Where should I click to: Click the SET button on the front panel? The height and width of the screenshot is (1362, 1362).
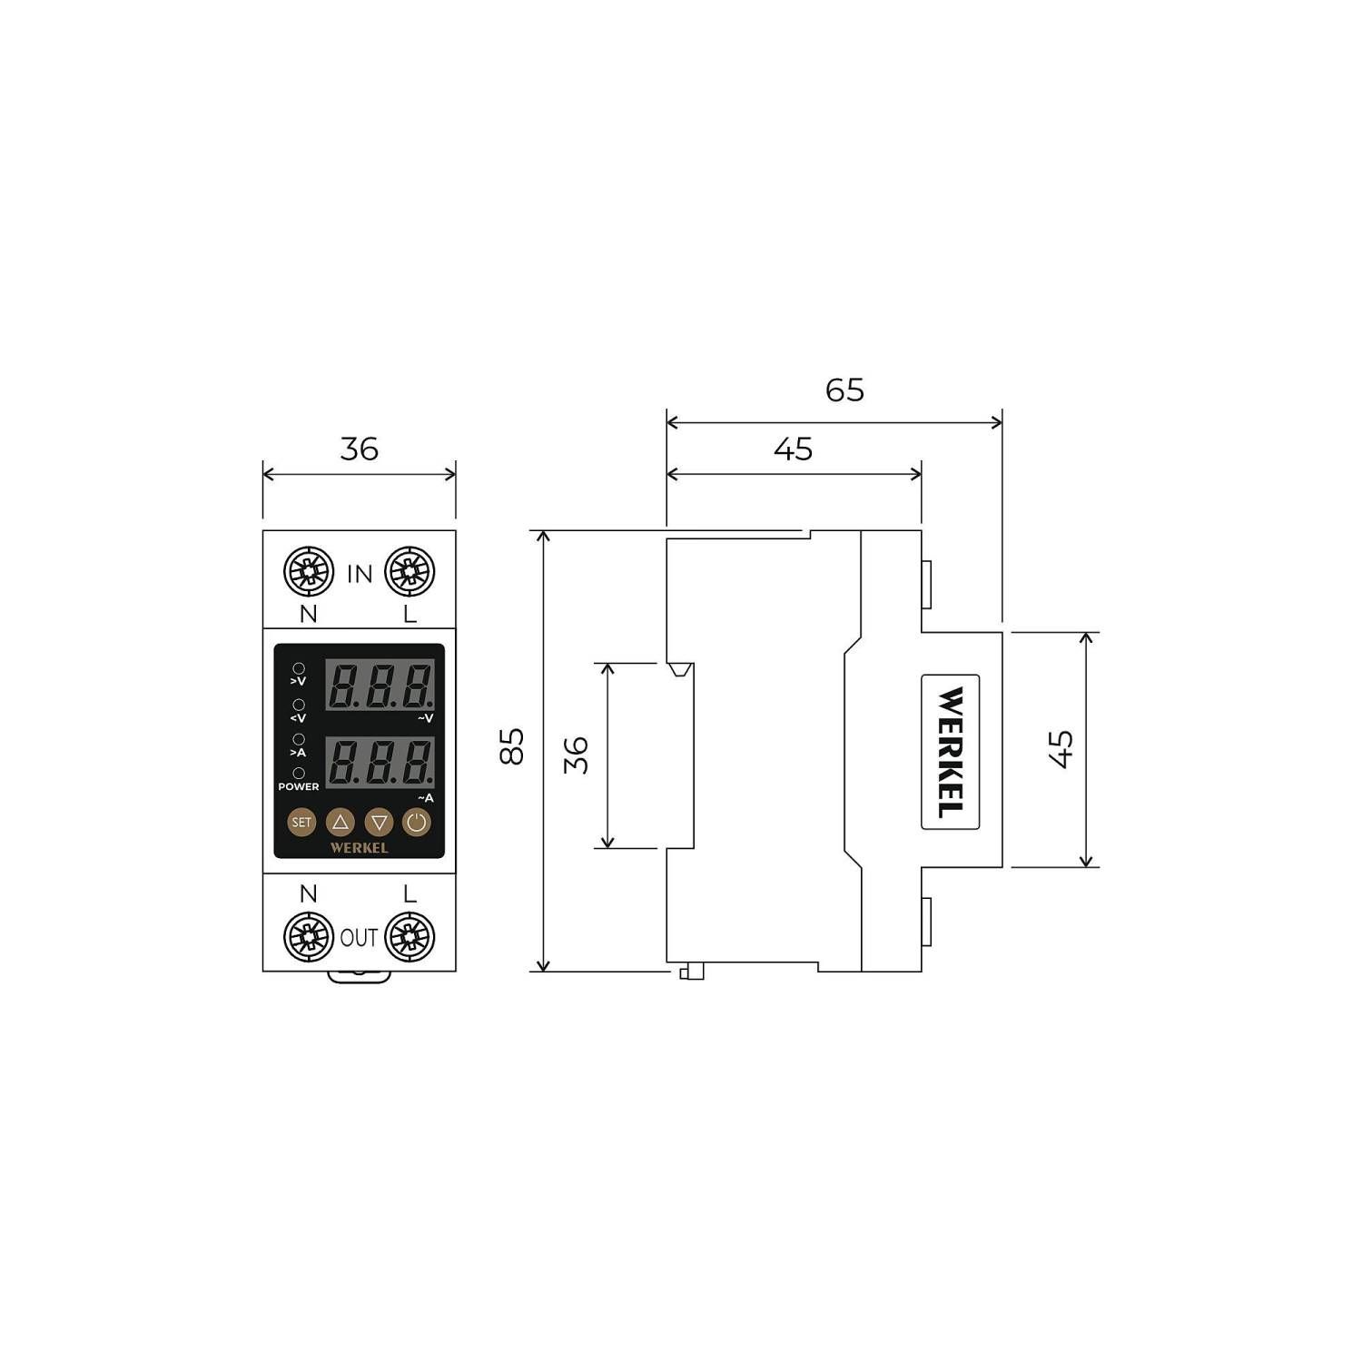pyautogui.click(x=301, y=823)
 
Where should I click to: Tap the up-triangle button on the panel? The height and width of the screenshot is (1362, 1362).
pyautogui.click(x=340, y=823)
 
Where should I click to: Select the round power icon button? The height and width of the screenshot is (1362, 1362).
pyautogui.click(x=416, y=823)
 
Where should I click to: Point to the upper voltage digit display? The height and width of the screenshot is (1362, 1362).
pyautogui.click(x=380, y=686)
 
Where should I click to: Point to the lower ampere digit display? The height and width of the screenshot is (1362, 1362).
pyautogui.click(x=380, y=764)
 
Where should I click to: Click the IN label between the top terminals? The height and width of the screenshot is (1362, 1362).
pyautogui.click(x=360, y=574)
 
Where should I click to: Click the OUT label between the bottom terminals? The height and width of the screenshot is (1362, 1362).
pyautogui.click(x=359, y=938)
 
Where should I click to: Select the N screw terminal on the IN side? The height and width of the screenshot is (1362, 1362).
pyautogui.click(x=309, y=573)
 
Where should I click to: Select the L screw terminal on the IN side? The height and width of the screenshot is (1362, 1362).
pyautogui.click(x=410, y=573)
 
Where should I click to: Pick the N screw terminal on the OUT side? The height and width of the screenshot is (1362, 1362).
pyautogui.click(x=309, y=937)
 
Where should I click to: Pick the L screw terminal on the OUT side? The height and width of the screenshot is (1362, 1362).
pyautogui.click(x=410, y=937)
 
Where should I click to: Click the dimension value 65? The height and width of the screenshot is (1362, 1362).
pyautogui.click(x=844, y=390)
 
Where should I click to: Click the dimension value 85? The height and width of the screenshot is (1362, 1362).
pyautogui.click(x=513, y=746)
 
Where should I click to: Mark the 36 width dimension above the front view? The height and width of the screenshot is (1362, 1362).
pyautogui.click(x=360, y=449)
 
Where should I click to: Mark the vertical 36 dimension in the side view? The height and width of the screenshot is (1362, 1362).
pyautogui.click(x=577, y=755)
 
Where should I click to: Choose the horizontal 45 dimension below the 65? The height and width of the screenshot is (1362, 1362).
pyautogui.click(x=793, y=449)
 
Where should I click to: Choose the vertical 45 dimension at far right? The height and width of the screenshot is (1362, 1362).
pyautogui.click(x=1061, y=749)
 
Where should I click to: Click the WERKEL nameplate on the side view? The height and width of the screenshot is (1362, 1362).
pyautogui.click(x=950, y=752)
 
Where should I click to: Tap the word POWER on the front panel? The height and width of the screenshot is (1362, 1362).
pyautogui.click(x=299, y=786)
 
